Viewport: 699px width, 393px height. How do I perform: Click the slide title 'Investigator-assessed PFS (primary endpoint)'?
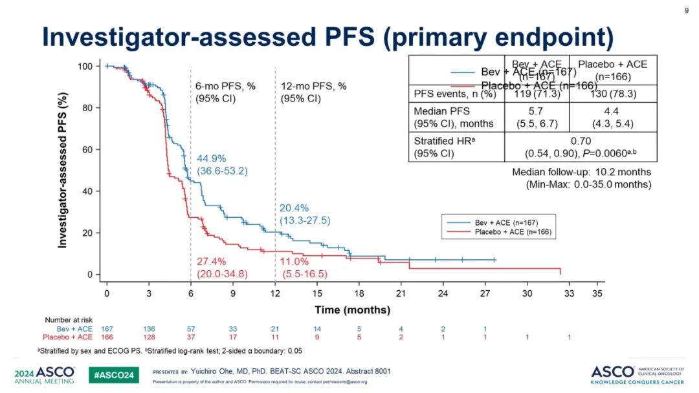pyautogui.click(x=327, y=37)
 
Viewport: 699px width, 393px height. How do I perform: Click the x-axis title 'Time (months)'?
pyautogui.click(x=352, y=310)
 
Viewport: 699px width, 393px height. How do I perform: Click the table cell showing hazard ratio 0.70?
pyautogui.click(x=581, y=146)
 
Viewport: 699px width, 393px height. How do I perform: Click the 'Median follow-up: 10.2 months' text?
pyautogui.click(x=581, y=173)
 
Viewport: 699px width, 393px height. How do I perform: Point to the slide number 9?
pyautogui.click(x=686, y=11)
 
